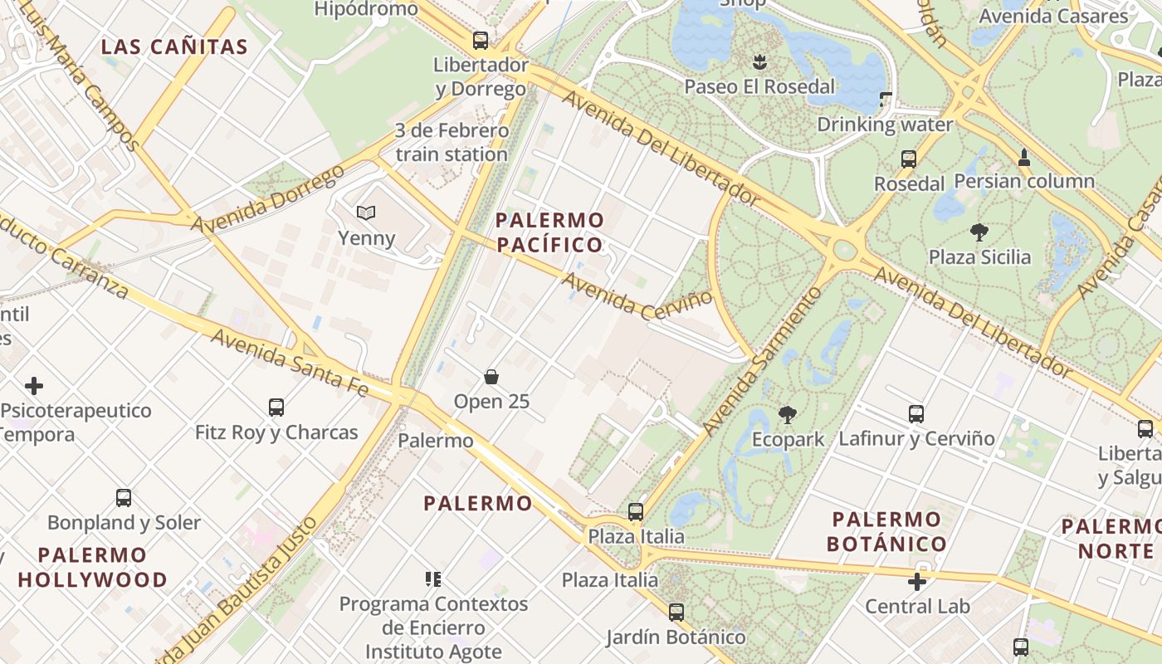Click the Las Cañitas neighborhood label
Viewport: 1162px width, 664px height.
coord(174,47)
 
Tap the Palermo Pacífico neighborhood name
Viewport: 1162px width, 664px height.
coord(549,232)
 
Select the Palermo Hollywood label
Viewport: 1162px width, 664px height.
coord(92,567)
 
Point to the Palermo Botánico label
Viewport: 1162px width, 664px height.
coord(887,532)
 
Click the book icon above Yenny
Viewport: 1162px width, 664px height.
coord(366,213)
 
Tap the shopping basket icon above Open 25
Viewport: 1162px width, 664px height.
coord(491,377)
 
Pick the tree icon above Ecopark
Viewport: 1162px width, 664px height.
coord(787,414)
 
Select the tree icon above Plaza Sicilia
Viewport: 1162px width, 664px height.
coord(979,232)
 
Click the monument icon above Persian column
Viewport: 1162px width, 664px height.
coord(1024,157)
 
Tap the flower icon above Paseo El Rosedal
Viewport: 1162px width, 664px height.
coord(759,61)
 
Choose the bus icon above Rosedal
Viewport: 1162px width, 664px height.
coord(909,159)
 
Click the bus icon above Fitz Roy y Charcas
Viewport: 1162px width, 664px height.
coord(276,408)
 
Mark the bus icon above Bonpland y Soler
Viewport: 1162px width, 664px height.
coord(124,498)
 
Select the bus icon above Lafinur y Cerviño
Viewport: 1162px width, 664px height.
coord(916,413)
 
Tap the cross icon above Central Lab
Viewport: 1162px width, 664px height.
coord(917,582)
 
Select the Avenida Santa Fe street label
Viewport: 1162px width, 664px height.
coord(289,361)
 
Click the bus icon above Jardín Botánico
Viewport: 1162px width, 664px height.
coord(676,613)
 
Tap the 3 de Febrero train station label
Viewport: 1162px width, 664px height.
coord(452,143)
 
